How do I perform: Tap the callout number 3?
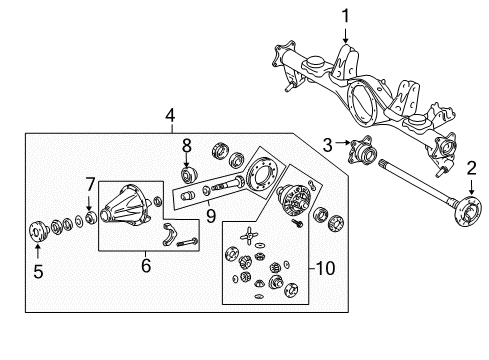[x=329, y=146]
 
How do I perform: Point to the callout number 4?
[x=171, y=115]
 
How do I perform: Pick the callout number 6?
[x=145, y=265]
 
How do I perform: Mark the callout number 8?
[x=186, y=148]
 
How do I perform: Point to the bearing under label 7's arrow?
[x=91, y=215]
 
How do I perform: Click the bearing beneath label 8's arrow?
[x=186, y=177]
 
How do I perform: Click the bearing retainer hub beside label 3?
[x=362, y=152]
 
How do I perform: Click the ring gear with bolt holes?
[x=265, y=179]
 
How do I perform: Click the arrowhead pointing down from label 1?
[x=345, y=42]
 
